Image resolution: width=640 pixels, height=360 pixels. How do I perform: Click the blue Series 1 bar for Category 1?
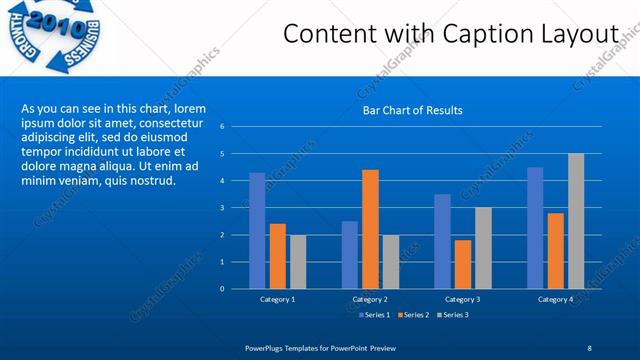(257, 230)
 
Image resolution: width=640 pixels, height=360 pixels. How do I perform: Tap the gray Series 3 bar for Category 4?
(576, 221)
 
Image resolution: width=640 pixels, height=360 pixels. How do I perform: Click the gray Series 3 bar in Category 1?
(297, 261)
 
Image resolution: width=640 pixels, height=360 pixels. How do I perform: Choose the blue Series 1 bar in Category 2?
(349, 254)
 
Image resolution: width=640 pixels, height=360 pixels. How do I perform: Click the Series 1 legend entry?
(374, 315)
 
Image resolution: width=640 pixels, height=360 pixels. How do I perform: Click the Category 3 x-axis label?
(462, 299)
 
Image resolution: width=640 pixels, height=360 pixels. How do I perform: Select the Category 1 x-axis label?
(277, 299)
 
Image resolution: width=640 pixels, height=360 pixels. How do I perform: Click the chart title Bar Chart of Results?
(412, 110)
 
